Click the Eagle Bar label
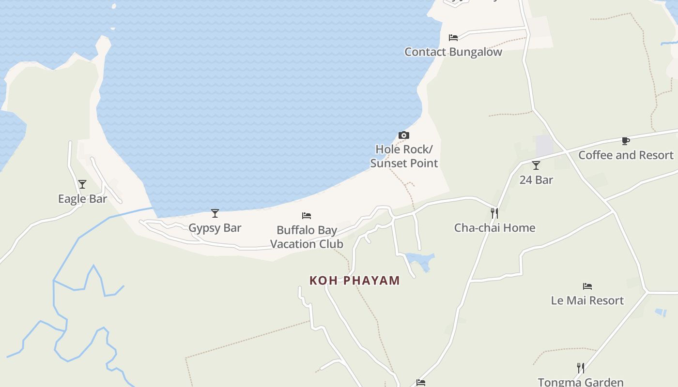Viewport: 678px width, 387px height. (x=82, y=199)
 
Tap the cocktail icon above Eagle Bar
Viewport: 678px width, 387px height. (x=82, y=184)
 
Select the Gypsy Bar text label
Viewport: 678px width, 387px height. (x=215, y=228)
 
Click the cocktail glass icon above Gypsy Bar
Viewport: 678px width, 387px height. (x=215, y=213)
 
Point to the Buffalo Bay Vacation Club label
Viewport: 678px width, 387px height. (x=307, y=237)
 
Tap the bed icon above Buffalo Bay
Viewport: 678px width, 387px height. (x=307, y=216)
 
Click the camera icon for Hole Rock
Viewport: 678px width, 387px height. (x=403, y=135)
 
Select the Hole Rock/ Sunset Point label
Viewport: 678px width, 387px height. (x=404, y=156)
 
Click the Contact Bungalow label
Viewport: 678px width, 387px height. (x=453, y=52)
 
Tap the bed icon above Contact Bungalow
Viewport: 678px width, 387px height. (x=453, y=37)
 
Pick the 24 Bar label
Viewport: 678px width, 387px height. (x=536, y=180)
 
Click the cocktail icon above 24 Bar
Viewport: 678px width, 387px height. (x=536, y=165)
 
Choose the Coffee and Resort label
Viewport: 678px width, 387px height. (x=626, y=155)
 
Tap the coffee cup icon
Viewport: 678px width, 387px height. (x=626, y=141)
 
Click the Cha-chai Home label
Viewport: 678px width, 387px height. (x=494, y=228)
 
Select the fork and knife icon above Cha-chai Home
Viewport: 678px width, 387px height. (x=494, y=213)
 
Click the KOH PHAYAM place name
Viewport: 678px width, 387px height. (x=354, y=281)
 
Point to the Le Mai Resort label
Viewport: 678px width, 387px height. (x=587, y=300)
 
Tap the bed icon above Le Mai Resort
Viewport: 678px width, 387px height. (x=587, y=286)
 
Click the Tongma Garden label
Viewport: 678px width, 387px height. (x=581, y=382)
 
